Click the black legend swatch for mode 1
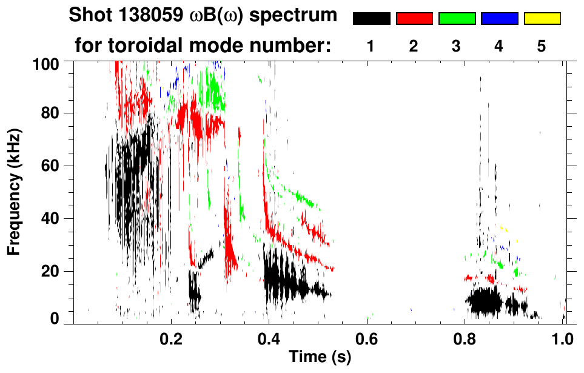coord(371,19)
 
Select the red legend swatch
coord(414,19)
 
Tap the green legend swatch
coord(457,19)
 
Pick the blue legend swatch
coord(499,19)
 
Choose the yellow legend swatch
coord(542,19)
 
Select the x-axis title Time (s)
coord(320,357)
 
